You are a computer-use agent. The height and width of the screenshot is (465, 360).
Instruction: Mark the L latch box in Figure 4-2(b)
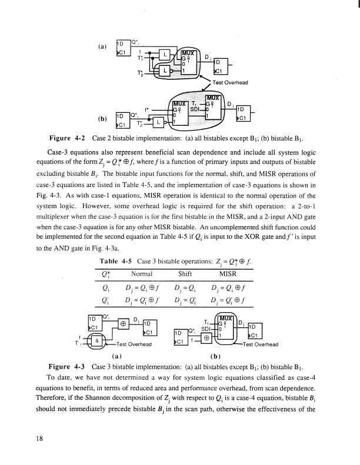click(x=160, y=122)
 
